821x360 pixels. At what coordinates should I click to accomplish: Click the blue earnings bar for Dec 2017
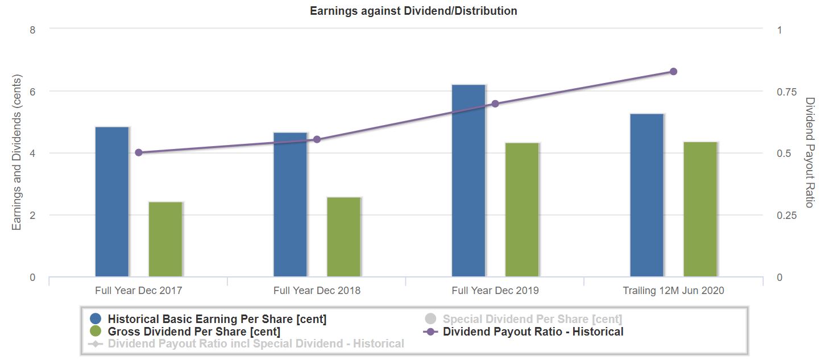pos(112,202)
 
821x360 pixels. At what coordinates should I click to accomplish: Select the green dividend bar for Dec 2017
pos(165,239)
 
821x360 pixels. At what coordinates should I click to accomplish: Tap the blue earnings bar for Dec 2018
pos(291,205)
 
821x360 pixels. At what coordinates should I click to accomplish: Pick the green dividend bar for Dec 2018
pos(344,237)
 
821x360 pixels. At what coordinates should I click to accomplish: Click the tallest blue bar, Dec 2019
pos(468,181)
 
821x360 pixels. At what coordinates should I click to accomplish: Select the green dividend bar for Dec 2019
pos(522,210)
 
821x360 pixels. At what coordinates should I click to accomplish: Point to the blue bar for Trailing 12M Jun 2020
pos(647,195)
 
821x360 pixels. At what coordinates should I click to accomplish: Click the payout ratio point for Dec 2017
pos(139,152)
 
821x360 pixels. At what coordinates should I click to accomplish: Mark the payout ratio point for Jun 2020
pos(673,72)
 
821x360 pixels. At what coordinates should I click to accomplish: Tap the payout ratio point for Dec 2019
pos(495,104)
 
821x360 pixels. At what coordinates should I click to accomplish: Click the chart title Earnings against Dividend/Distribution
pos(413,11)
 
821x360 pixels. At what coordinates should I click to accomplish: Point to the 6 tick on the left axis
pos(32,92)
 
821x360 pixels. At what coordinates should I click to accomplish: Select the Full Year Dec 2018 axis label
pos(317,291)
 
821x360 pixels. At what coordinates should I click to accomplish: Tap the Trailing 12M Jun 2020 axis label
pos(673,291)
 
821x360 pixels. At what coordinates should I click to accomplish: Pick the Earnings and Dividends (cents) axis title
pos(16,153)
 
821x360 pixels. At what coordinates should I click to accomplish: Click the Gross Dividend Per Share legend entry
pos(194,332)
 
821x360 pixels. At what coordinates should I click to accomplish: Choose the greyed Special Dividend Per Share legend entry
pos(532,319)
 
